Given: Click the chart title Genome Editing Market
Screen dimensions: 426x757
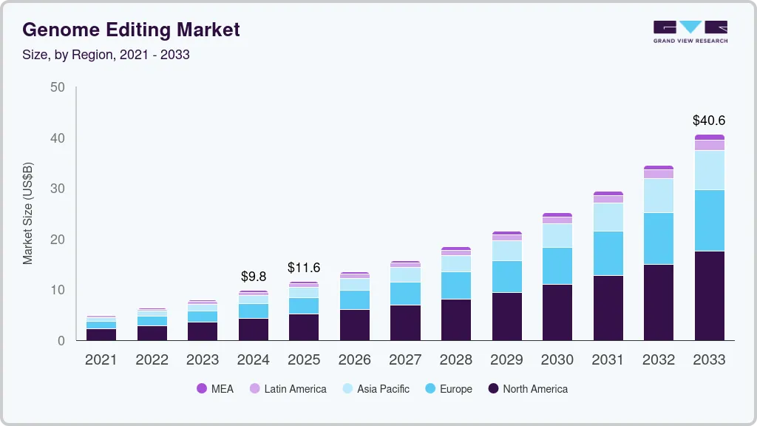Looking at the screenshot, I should [131, 30].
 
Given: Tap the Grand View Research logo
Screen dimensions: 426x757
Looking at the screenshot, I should [690, 32].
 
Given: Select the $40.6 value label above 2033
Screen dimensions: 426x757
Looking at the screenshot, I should [709, 120].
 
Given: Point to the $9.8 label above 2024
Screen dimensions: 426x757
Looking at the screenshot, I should [254, 277].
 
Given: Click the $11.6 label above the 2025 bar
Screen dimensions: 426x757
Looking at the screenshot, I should [304, 267].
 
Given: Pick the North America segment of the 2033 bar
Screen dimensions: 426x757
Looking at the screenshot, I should [709, 296].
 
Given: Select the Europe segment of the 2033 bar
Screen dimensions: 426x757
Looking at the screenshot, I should [709, 220].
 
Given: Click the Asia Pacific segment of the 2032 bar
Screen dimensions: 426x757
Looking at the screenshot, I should [658, 195].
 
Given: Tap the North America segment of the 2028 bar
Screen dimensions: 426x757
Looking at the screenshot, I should [456, 319].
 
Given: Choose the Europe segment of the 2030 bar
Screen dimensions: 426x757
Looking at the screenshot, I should [557, 266].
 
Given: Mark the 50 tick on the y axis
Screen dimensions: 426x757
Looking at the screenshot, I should [58, 87].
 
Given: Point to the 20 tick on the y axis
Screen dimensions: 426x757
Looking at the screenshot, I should [58, 240].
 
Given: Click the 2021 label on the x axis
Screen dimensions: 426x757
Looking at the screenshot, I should [101, 360].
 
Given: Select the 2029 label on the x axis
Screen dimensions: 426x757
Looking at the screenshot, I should [506, 360].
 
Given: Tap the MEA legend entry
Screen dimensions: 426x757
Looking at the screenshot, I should [215, 389].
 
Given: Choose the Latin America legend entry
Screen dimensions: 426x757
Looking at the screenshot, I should [288, 389].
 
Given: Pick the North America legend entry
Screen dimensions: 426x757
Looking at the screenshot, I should [528, 389].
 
